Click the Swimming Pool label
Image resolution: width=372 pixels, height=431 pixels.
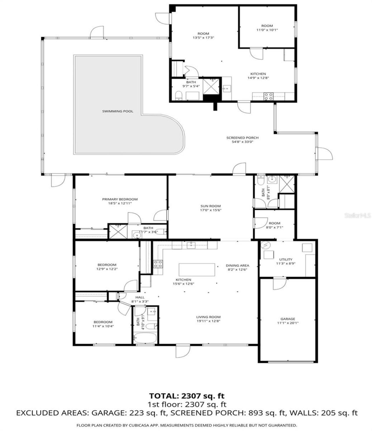[x=118, y=111]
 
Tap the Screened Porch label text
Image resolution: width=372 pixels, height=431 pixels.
[x=242, y=138]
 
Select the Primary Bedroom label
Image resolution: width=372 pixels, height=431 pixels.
[x=120, y=199]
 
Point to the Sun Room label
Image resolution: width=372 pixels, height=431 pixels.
[x=210, y=206]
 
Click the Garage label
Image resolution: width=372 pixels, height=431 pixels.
[x=288, y=319]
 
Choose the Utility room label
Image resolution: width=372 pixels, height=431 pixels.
[x=286, y=259]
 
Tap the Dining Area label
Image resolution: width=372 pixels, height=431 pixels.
[x=237, y=265]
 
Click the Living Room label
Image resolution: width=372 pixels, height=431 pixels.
[x=208, y=317]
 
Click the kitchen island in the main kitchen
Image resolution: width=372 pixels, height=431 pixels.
[x=197, y=270]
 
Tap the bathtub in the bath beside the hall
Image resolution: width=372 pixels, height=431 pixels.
[x=145, y=338]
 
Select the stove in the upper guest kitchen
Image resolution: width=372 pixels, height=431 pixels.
[x=268, y=96]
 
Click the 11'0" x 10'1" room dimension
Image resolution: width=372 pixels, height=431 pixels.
[x=267, y=30]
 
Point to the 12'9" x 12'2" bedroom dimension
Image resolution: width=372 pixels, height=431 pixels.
[x=107, y=269]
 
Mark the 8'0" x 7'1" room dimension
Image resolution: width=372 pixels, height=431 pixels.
[x=274, y=227]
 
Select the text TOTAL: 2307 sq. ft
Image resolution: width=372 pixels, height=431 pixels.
[x=187, y=396]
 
